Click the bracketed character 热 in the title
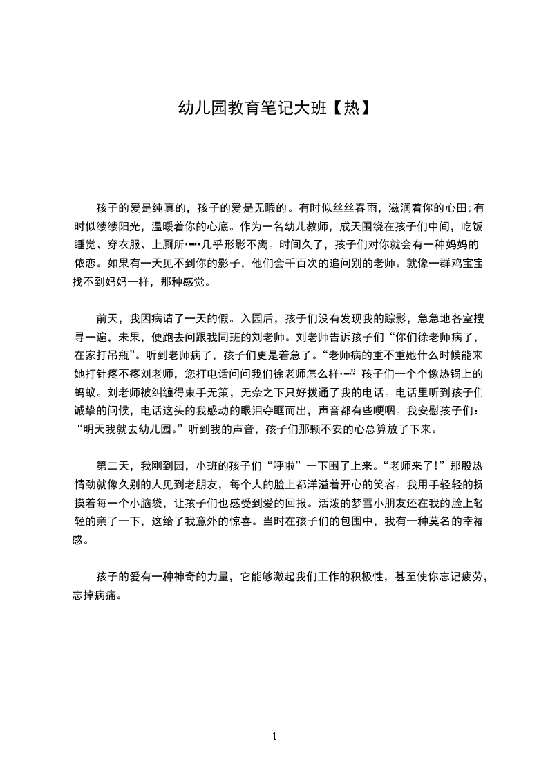click(352, 108)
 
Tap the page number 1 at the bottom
click(274, 737)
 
